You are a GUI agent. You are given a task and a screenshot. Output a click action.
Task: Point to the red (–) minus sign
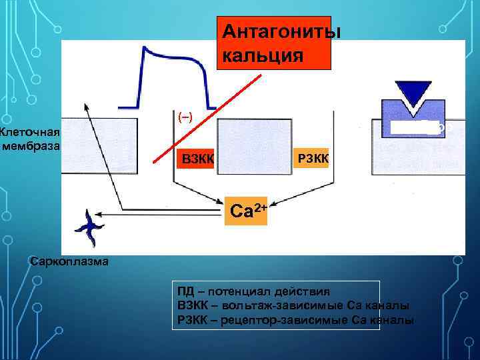click(185, 117)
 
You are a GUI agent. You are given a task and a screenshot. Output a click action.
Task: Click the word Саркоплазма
click(69, 261)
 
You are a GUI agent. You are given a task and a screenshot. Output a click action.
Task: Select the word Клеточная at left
click(31, 131)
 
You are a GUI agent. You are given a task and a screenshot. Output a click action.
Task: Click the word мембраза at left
click(32, 146)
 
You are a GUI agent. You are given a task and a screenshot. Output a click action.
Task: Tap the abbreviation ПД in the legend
click(186, 293)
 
